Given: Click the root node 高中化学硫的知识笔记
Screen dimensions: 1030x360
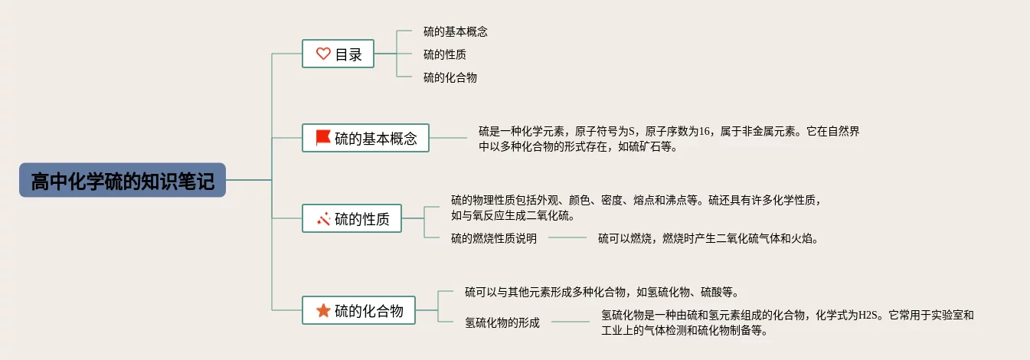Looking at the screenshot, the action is click(x=123, y=180).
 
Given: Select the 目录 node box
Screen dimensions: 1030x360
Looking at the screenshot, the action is click(x=338, y=54).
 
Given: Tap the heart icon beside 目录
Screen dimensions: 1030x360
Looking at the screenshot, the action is click(x=323, y=54).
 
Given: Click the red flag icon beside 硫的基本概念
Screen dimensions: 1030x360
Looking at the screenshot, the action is click(x=323, y=138).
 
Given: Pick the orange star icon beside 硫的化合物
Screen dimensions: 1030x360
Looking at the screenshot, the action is click(x=323, y=310).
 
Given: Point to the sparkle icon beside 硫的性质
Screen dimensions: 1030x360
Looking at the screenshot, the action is click(x=323, y=219).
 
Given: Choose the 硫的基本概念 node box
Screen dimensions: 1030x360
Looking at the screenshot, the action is click(x=365, y=138).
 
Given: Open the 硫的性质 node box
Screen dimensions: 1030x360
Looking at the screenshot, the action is click(x=352, y=219).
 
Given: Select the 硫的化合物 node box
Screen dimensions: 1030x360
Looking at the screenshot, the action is click(x=358, y=310).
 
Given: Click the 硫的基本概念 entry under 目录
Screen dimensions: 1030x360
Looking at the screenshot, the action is click(x=455, y=32).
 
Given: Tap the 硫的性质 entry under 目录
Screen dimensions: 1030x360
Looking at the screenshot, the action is click(x=445, y=54).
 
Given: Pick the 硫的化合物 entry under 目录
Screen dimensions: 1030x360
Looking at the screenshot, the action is click(x=450, y=77).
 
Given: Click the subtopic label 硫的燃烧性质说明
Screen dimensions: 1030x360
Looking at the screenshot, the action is click(x=493, y=238).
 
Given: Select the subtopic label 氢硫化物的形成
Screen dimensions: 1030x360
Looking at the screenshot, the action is click(x=502, y=322).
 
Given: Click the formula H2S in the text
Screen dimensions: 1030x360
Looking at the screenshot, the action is click(x=868, y=315).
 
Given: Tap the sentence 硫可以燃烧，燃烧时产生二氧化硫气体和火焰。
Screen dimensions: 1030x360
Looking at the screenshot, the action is click(x=709, y=238).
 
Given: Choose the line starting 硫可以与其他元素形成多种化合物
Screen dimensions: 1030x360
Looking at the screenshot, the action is click(x=601, y=292).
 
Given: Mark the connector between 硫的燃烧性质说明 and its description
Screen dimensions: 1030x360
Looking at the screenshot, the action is click(x=567, y=238).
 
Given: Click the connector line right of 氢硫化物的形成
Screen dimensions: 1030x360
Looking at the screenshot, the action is click(x=571, y=322).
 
